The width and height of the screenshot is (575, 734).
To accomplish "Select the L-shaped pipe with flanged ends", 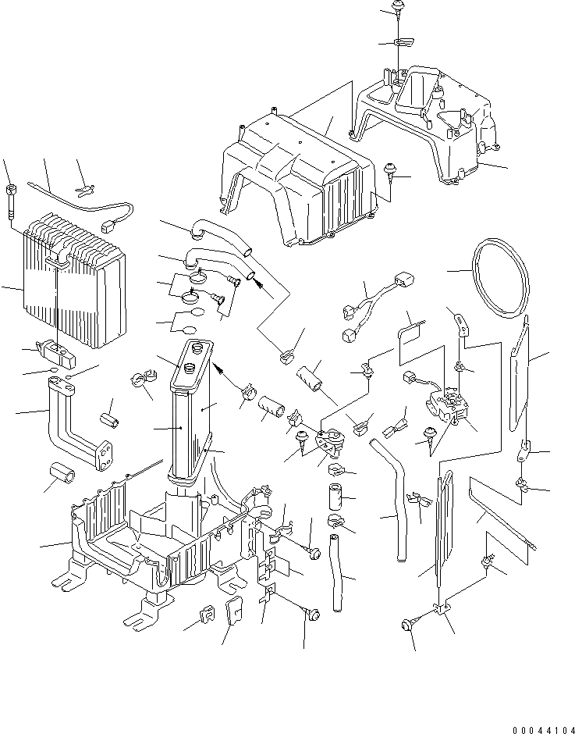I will pos(74,422).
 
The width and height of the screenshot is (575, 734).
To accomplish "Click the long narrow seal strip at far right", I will pos(519,375).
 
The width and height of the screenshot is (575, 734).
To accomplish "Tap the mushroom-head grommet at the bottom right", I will pos(406,624).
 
